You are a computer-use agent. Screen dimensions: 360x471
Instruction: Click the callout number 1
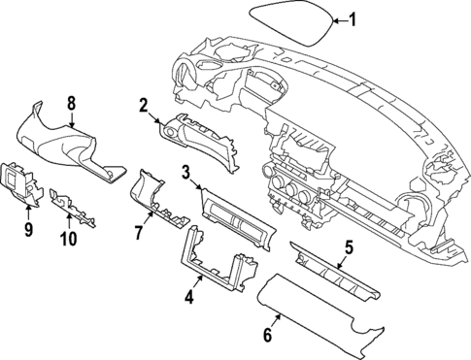(353, 18)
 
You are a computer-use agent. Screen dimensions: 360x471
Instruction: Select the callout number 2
(143, 106)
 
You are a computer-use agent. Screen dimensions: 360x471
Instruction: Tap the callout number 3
(185, 172)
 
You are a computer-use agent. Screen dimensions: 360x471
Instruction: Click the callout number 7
(139, 233)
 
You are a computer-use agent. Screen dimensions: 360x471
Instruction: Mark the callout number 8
(71, 102)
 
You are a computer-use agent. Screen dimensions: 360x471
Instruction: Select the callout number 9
(28, 230)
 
